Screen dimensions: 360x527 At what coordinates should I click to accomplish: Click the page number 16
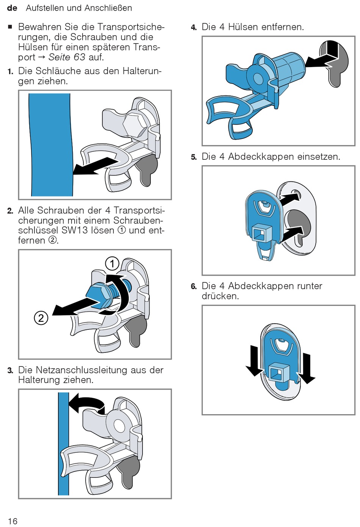[x=13, y=521]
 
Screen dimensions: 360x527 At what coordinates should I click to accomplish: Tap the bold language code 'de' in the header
[x=12, y=8]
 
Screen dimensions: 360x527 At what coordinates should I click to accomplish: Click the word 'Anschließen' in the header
[x=108, y=8]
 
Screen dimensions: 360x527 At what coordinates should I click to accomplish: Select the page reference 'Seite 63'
[x=67, y=57]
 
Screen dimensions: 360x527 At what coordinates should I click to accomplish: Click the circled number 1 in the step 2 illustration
[x=112, y=263]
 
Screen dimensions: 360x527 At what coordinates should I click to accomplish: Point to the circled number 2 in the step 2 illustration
[x=41, y=318]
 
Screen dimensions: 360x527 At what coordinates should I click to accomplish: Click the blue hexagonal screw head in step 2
[x=98, y=296]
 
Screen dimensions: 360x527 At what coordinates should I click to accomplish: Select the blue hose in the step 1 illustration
[x=51, y=145]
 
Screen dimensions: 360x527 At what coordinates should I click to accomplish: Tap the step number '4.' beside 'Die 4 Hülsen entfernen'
[x=194, y=28]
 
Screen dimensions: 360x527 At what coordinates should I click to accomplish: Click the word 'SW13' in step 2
[x=73, y=230]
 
